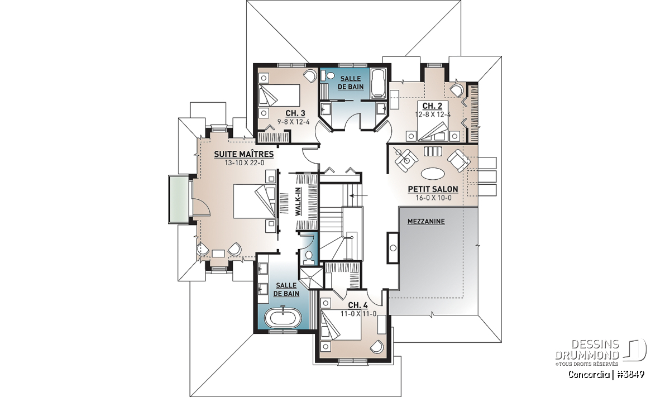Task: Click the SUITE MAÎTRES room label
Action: click(244, 154)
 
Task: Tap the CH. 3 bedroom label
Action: click(295, 113)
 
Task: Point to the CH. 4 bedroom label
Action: click(358, 305)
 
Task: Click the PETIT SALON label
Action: click(433, 189)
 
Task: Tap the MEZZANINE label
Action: click(426, 221)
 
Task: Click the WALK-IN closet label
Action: click(298, 201)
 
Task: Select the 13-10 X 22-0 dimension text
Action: click(244, 163)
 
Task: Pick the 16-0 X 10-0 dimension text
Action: click(433, 198)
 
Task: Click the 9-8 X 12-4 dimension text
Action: click(293, 122)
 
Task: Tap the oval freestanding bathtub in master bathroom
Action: click(283, 319)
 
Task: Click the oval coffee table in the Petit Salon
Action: click(433, 174)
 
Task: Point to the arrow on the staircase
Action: click(358, 195)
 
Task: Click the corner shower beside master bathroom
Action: click(312, 278)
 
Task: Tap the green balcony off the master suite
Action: click(179, 199)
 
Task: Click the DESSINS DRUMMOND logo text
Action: click(587, 350)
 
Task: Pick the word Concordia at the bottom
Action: click(587, 374)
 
